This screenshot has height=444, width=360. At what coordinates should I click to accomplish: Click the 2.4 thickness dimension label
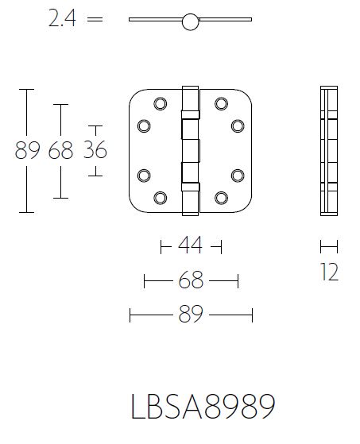point(62,20)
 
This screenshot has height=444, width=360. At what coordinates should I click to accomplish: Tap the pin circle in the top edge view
point(190,22)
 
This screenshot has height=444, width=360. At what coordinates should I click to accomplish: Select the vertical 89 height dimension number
point(27,150)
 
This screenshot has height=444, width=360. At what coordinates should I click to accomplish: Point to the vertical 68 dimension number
point(60,150)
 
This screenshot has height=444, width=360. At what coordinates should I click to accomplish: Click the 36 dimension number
point(95,150)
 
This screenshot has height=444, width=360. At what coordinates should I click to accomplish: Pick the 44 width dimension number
point(191,247)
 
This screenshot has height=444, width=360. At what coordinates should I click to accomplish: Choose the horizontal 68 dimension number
point(191,281)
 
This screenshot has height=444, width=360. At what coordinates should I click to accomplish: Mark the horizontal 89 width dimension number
point(191,315)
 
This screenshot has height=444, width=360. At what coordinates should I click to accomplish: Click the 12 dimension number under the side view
point(330,272)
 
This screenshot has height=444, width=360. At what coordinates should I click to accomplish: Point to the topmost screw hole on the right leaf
point(221,102)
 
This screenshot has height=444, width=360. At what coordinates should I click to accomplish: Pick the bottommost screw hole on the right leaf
point(221,196)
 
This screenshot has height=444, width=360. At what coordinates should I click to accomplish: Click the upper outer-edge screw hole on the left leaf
point(145,125)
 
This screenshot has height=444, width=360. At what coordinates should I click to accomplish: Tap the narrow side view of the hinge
point(330,149)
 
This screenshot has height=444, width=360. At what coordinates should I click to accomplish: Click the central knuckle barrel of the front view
point(191,149)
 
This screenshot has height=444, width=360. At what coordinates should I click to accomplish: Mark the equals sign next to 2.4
point(95,20)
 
